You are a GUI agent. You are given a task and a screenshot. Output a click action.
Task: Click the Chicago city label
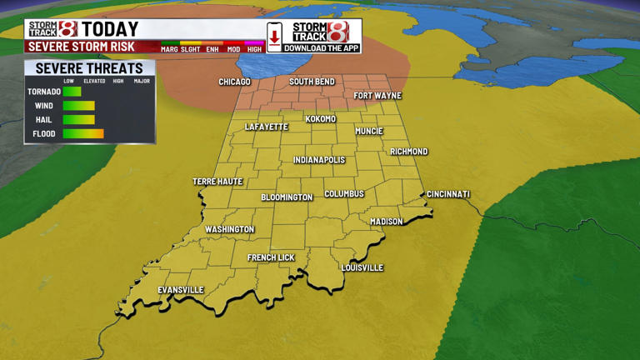tap(234, 82)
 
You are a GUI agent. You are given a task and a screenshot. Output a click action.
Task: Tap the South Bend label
tap(312, 82)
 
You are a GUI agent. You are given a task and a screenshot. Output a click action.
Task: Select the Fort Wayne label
tap(377, 96)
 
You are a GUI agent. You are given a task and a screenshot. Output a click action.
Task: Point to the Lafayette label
tap(266, 127)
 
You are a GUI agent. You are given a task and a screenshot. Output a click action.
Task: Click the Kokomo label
tap(321, 119)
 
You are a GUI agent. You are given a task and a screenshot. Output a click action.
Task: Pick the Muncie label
tap(369, 131)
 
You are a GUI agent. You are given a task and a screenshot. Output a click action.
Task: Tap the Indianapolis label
tap(319, 160)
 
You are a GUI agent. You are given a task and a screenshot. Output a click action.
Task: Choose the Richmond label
tap(409, 152)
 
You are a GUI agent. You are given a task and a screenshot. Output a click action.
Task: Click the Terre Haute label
tap(217, 181)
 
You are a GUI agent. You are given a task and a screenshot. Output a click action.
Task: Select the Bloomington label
tap(287, 197)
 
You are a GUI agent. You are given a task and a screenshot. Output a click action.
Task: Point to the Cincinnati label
tap(448, 194)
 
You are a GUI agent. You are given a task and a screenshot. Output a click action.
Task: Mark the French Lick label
tap(271, 257)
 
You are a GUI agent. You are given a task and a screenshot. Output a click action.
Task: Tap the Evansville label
tap(181, 290)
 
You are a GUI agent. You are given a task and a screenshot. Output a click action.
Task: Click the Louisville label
tap(362, 267)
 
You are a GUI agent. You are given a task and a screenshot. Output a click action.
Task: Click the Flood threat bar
tap(83, 133)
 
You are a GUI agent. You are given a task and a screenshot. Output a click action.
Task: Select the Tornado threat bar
tap(72, 92)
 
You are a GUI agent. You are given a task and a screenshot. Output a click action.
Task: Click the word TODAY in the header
tap(110, 30)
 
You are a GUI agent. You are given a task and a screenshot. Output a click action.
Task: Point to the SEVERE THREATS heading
tap(89, 68)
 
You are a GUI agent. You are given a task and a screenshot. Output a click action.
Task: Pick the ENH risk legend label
tap(213, 49)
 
